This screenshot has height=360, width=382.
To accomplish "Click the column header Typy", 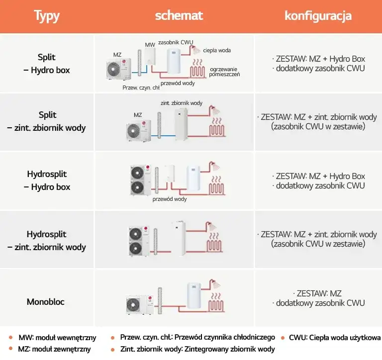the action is tap(47, 16).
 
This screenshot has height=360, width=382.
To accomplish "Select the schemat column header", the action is tap(179, 15).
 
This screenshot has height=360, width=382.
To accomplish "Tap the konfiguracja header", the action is tap(318, 16).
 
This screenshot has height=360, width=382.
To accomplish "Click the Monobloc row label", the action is tap(46, 302).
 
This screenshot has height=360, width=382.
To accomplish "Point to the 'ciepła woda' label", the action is tap(217, 50).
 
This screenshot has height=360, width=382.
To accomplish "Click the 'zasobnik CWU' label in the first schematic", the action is tap(176, 42).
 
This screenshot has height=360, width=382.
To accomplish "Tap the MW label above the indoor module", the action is tap(150, 45).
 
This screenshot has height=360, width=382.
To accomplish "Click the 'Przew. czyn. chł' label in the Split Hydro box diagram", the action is tap(141, 88).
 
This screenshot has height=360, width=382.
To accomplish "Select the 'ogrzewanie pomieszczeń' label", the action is tap(224, 72).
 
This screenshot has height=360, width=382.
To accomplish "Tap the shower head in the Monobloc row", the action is tap(215, 284).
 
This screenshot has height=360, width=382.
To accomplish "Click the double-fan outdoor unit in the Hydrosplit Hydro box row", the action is tap(141, 180).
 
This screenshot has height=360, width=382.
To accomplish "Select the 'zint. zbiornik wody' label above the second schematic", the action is tap(182, 103).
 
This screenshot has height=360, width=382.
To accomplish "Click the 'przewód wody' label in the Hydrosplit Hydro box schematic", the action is tap(170, 199).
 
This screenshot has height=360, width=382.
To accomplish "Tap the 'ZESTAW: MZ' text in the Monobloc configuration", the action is tap(319, 293).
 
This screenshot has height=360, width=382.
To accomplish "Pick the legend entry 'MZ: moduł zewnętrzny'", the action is tap(54, 349).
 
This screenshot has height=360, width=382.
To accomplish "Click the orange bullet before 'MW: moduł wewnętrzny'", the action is tap(11, 338).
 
